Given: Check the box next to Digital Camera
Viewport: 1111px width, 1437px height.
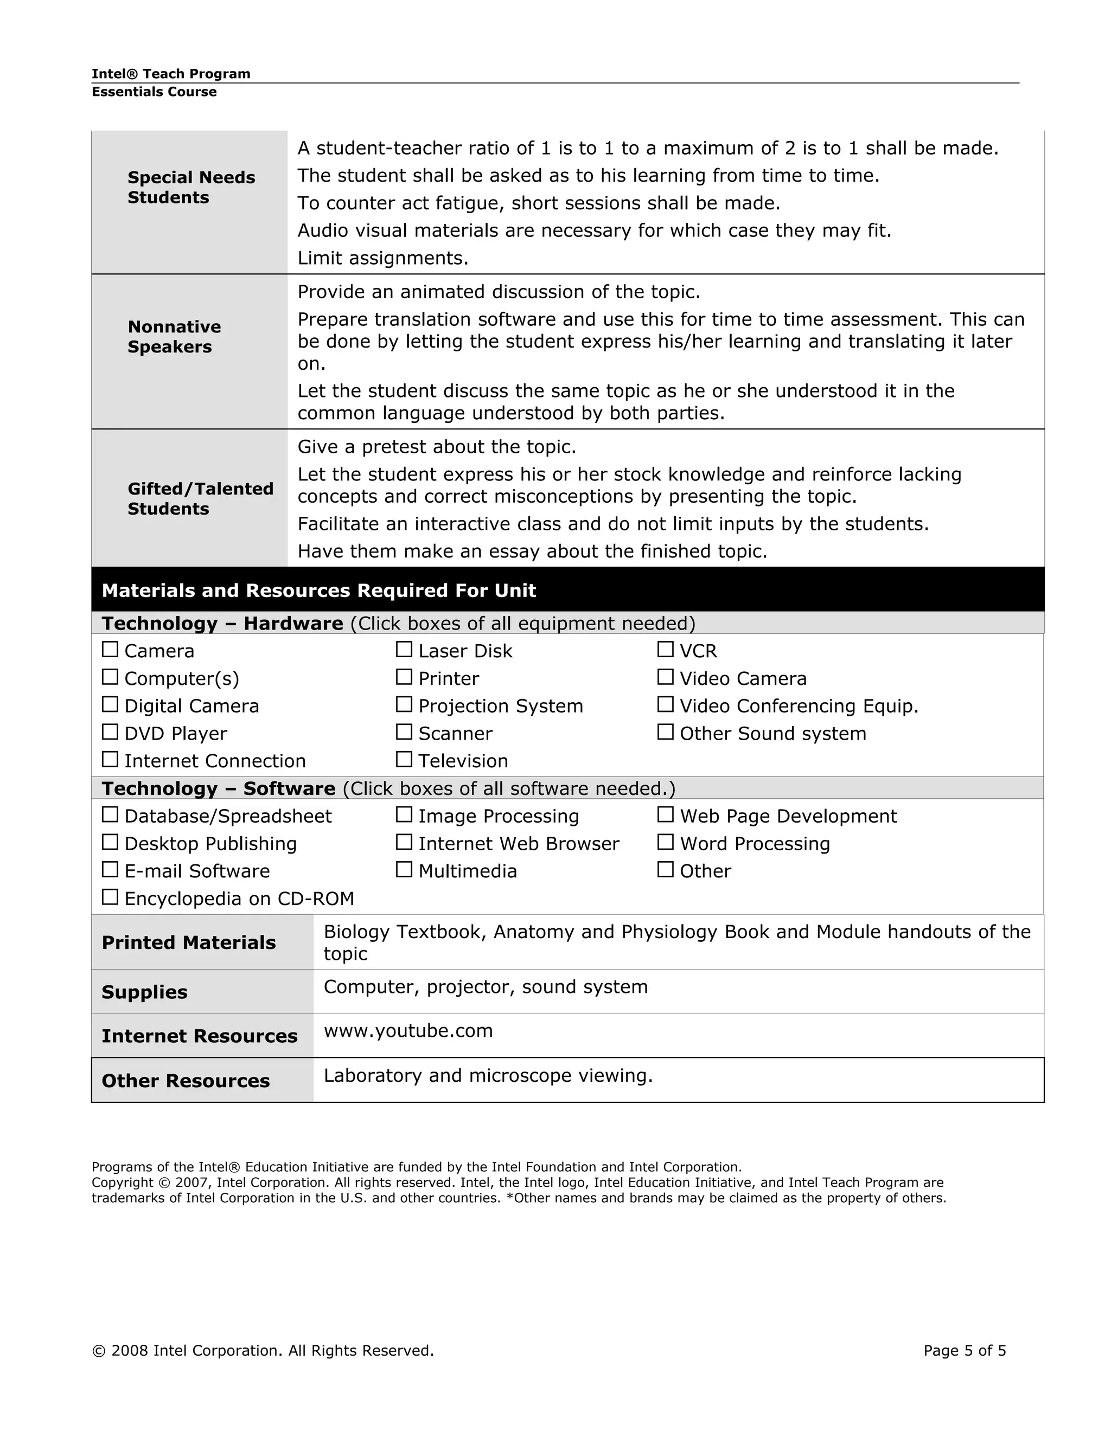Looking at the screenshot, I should click(x=110, y=705).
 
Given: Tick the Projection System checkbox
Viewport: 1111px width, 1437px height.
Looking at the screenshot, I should click(x=404, y=705).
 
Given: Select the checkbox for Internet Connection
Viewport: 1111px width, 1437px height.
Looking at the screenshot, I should click(x=110, y=760).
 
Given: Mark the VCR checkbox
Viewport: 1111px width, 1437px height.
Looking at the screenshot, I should click(x=666, y=650).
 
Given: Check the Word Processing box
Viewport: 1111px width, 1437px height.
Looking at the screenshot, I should click(x=666, y=842).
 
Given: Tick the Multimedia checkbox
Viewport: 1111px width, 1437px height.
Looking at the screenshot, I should click(x=404, y=870).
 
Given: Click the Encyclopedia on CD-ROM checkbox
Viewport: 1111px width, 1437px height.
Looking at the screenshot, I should click(x=110, y=897).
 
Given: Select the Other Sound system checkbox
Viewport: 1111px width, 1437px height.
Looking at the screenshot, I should click(x=666, y=732).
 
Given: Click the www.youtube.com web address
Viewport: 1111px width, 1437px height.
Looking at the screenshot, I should click(x=408, y=1030).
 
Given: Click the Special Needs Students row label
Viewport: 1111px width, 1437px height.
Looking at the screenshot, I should click(x=191, y=188).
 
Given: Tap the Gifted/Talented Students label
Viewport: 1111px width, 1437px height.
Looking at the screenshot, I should click(x=200, y=499).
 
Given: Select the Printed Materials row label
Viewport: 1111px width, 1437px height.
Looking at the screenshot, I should click(x=188, y=942).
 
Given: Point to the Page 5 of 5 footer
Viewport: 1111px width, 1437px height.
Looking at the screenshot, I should click(x=964, y=1351).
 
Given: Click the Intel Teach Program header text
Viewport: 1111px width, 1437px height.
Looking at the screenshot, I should click(x=170, y=74).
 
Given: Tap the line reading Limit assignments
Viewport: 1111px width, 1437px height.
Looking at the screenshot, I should click(x=382, y=258).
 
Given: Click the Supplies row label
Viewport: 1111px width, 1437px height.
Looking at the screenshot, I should click(x=144, y=992).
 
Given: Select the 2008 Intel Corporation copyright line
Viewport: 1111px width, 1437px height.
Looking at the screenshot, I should click(x=263, y=1351).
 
